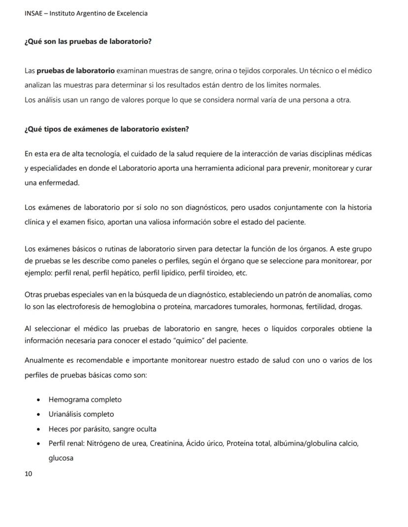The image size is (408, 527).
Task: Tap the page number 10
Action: pos(28,474)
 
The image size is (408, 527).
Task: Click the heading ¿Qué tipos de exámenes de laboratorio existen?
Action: pos(106,129)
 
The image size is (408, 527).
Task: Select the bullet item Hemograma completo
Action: pos(85,400)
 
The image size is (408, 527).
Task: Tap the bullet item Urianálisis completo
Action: pos(81,414)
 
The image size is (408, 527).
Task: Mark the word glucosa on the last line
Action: pos(61,458)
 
